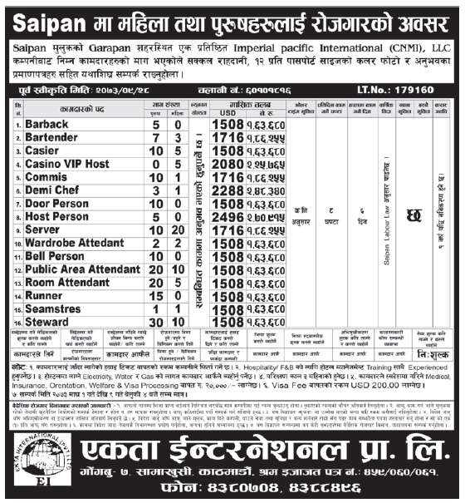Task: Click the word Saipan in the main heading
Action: tap(39, 16)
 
